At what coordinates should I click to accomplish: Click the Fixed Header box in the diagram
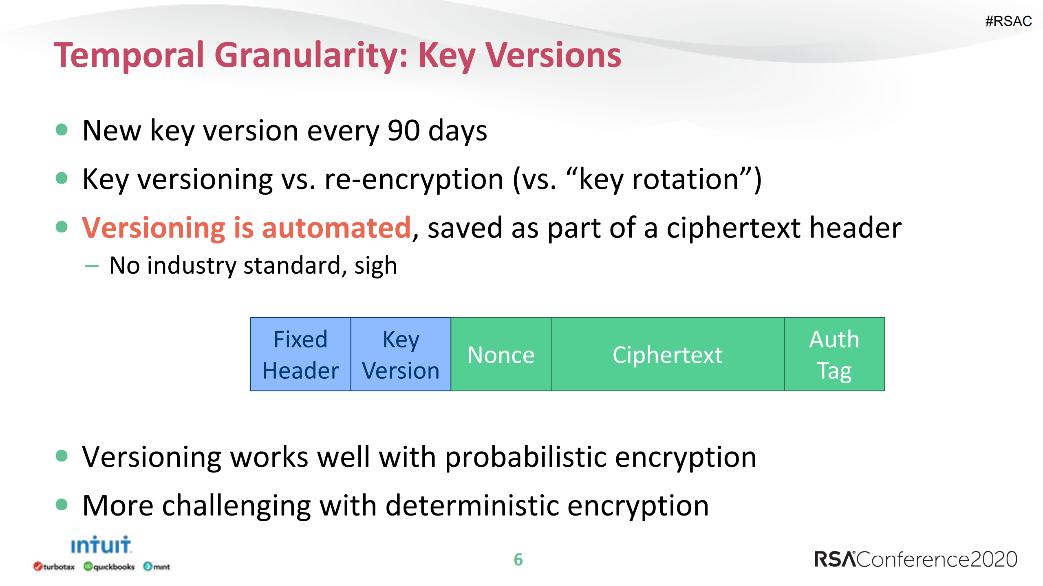point(300,354)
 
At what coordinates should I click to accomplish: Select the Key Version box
point(401,354)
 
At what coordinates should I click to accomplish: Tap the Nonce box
point(501,354)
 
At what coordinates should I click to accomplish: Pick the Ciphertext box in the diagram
point(668,354)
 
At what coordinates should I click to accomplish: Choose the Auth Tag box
point(834,354)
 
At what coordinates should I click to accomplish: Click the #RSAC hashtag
point(1008,21)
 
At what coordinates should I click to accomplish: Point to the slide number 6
point(518,560)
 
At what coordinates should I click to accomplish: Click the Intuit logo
point(101,545)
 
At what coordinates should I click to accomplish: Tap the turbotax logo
point(54,566)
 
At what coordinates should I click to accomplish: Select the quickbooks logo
point(109,566)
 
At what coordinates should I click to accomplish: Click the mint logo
point(157,566)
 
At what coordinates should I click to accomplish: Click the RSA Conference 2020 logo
point(915,559)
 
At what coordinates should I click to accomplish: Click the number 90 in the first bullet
point(404,131)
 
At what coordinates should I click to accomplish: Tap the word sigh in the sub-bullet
point(375,266)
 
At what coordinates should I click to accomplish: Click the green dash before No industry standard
point(92,266)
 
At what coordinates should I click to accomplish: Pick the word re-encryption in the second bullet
point(414,180)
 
